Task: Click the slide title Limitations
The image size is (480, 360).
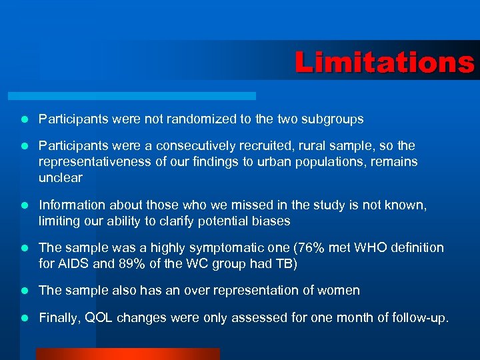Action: point(385,63)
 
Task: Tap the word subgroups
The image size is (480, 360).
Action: point(331,119)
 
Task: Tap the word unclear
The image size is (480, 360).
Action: point(61,177)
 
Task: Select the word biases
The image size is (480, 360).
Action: point(271,221)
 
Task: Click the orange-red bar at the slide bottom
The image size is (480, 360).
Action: point(127,354)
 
